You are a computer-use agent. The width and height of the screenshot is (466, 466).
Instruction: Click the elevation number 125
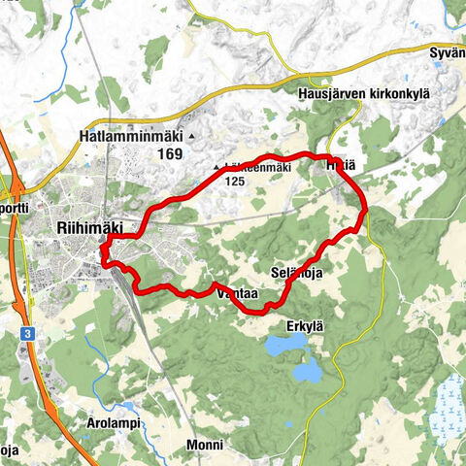234,181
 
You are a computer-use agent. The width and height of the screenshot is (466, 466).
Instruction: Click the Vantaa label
238,292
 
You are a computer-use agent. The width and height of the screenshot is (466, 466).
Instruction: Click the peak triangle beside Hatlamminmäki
192,137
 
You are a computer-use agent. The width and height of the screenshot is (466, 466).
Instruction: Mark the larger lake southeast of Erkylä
309,370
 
